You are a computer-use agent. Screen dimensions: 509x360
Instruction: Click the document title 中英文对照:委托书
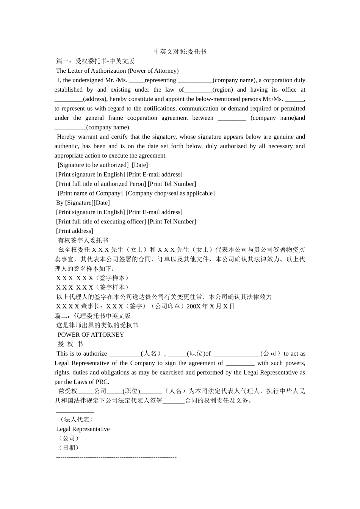[x=180, y=52]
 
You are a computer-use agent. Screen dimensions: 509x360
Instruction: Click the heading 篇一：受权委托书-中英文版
[x=95, y=61]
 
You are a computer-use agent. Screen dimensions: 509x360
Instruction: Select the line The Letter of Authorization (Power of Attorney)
[x=117, y=70]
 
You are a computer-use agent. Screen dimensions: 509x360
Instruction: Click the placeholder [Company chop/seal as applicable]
[x=170, y=193]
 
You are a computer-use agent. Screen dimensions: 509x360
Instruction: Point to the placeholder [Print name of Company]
[x=90, y=193]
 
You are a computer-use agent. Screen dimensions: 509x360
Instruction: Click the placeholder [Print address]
[x=75, y=231]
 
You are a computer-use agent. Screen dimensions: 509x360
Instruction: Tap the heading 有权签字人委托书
[x=83, y=240]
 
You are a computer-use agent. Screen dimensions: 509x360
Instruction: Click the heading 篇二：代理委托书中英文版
[x=93, y=316]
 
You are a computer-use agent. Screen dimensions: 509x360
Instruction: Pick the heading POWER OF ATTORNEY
[x=91, y=335]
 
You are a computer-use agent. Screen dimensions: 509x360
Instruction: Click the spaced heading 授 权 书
[x=70, y=344]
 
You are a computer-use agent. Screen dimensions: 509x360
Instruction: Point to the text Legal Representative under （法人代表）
[x=83, y=429]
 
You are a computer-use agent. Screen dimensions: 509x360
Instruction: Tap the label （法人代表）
[x=76, y=420]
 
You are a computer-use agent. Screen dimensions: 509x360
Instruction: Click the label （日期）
[x=69, y=448]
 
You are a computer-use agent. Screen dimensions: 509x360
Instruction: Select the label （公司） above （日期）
[x=69, y=438]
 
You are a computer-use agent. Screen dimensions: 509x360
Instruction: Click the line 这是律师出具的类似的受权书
[x=97, y=325]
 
